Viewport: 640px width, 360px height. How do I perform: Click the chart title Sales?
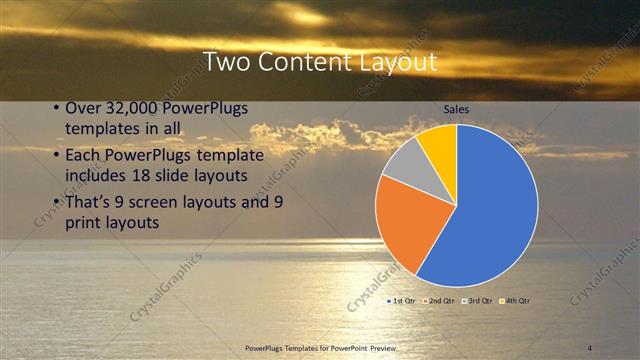(x=456, y=110)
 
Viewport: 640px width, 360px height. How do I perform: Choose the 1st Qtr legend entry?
(x=403, y=300)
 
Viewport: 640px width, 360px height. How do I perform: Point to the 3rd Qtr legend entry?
(x=480, y=300)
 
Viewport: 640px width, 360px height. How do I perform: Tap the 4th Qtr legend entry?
(x=517, y=300)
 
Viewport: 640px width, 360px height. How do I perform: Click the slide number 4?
(x=590, y=347)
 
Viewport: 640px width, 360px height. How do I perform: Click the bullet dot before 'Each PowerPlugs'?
(x=56, y=155)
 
